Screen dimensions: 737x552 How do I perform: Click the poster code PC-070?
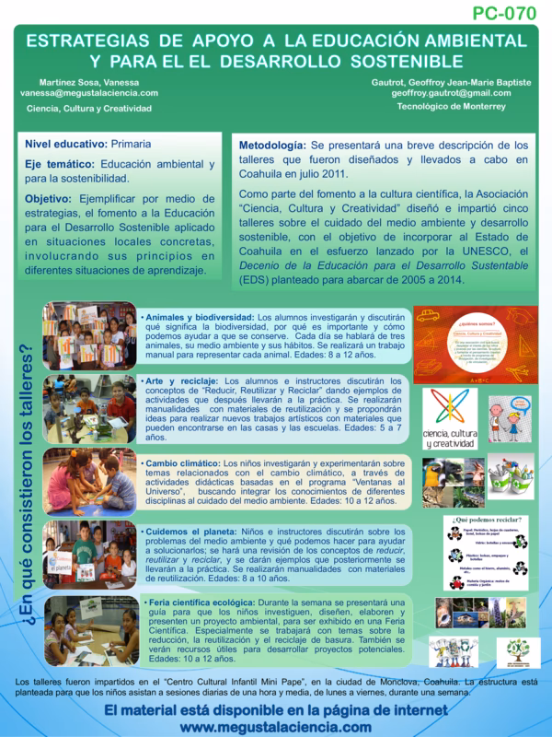504,14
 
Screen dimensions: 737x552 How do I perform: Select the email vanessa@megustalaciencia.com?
93,92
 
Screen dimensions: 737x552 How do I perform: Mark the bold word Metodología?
271,146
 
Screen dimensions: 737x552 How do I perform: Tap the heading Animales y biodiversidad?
198,317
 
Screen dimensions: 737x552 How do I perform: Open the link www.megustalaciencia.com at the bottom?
276,726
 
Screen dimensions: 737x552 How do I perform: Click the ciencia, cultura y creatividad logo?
448,419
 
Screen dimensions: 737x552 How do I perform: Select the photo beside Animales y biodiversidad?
89,336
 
